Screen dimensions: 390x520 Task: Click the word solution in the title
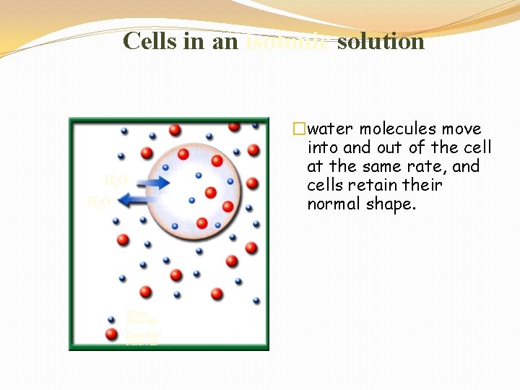pyautogui.click(x=381, y=40)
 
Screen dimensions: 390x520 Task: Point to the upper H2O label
pyautogui.click(x=116, y=180)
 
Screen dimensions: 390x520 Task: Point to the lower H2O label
pyautogui.click(x=98, y=202)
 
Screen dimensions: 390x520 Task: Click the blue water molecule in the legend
pyautogui.click(x=112, y=318)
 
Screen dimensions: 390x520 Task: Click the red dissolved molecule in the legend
pyautogui.click(x=112, y=334)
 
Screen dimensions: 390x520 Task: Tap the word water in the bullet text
pyautogui.click(x=331, y=129)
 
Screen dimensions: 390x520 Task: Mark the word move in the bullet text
pyautogui.click(x=463, y=129)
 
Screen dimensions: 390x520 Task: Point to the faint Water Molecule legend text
pyautogui.click(x=142, y=316)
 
